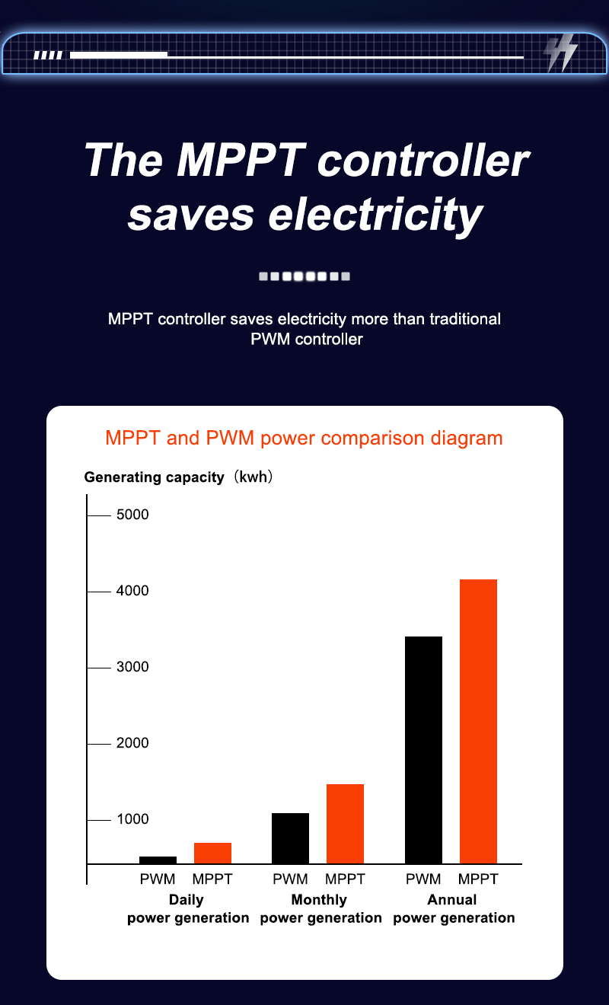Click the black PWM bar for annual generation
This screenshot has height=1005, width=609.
[423, 750]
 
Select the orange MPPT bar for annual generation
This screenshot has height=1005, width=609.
[478, 721]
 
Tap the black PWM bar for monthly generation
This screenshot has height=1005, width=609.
[290, 838]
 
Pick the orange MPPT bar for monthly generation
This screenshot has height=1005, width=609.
[345, 824]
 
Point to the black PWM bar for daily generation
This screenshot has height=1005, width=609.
[158, 860]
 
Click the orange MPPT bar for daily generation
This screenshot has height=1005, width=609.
[212, 853]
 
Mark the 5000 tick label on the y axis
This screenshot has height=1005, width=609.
[132, 515]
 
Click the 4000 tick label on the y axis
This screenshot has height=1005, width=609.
[132, 591]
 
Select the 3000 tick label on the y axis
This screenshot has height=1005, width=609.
[132, 667]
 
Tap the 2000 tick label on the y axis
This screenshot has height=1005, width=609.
[132, 743]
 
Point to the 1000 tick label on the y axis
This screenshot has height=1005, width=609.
[132, 819]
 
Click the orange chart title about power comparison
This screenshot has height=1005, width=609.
[304, 438]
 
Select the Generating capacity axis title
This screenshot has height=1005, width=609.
[155, 477]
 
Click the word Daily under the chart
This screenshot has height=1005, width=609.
[187, 900]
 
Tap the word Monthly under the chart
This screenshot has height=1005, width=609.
[319, 900]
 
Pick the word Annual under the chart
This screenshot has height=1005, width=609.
[452, 900]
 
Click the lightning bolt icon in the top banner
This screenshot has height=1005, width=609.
[561, 54]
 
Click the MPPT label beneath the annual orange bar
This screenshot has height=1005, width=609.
[478, 879]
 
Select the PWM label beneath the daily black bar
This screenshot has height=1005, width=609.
[158, 879]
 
